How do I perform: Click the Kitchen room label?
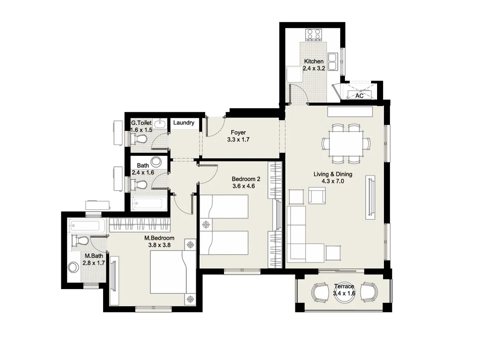313,61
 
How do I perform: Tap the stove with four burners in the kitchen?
314,34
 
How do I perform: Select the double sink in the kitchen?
333,61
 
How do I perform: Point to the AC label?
359,96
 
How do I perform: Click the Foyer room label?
238,132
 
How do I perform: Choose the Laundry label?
184,123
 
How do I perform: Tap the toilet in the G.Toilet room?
138,139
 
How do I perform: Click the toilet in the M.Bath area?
80,241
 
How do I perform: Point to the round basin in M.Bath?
74,267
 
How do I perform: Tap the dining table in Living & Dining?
346,144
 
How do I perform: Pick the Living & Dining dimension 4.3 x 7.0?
333,181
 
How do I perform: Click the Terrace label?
344,286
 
